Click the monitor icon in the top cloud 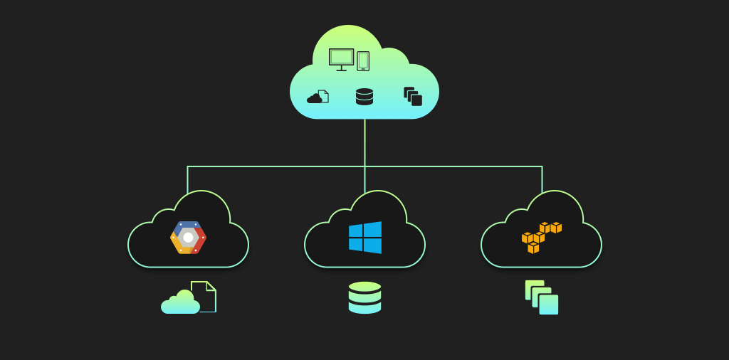coord(341,58)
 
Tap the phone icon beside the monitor coord(363,61)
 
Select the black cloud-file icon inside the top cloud coord(318,97)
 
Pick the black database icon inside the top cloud coord(364,97)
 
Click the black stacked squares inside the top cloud coord(413,96)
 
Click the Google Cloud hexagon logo coord(188,238)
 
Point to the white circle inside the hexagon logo coord(188,238)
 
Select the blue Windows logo coord(365,238)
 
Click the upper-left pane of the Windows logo coord(356,231)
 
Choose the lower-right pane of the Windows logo coord(373,246)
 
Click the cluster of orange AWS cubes coord(541,237)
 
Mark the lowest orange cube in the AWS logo coord(533,248)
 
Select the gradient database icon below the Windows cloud coord(364,297)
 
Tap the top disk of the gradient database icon coord(364,287)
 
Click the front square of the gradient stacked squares coord(549,305)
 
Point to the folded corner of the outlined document coord(211,286)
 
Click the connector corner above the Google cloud coord(188,166)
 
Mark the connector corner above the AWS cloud coord(542,166)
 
